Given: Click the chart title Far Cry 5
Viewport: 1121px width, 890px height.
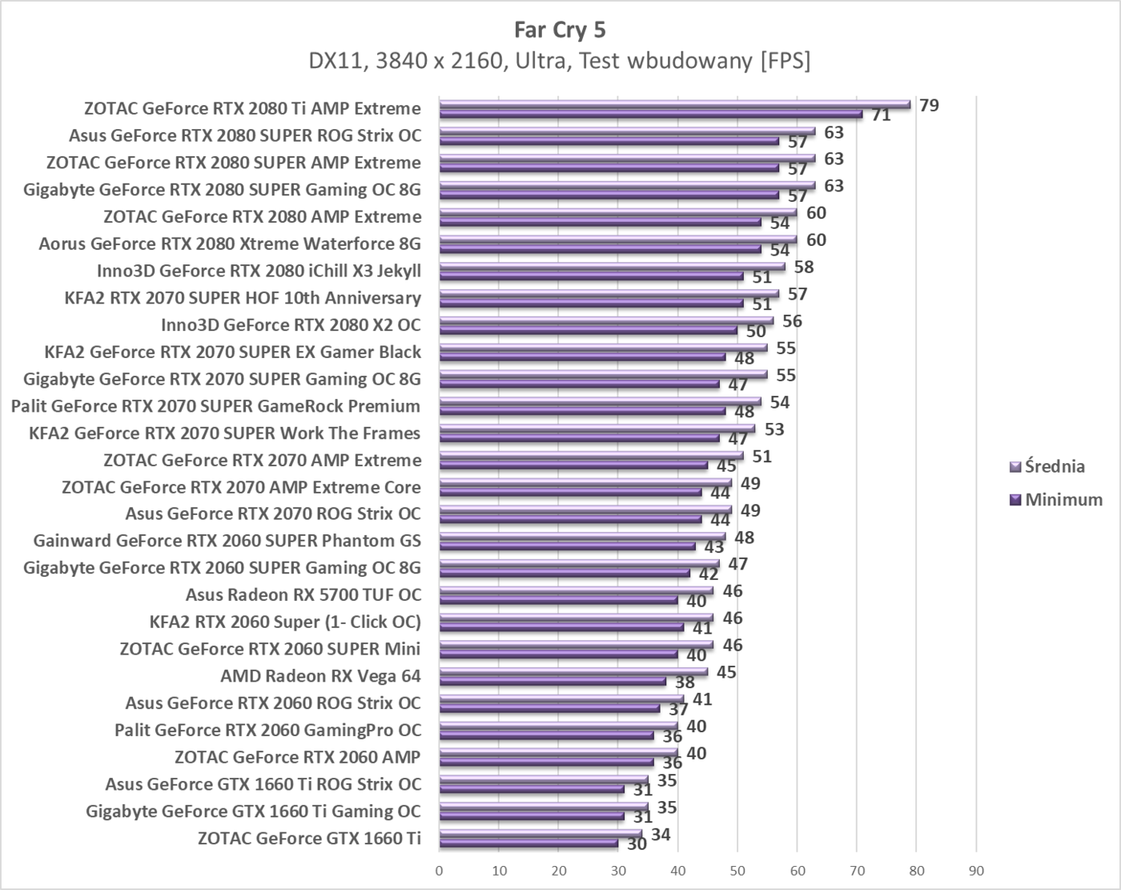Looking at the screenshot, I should [560, 30].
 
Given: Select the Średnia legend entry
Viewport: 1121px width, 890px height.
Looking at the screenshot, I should [1055, 466].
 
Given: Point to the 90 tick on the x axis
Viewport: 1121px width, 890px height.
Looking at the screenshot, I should [976, 871].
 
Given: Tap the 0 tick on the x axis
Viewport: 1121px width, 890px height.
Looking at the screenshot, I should [439, 871].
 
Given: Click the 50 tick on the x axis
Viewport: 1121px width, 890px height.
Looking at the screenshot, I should [737, 871].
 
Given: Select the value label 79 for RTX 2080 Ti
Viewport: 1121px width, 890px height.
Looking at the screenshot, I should [929, 105].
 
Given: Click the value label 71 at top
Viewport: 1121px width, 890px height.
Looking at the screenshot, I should [881, 115].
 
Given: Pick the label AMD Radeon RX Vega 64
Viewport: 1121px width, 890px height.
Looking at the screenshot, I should [320, 676].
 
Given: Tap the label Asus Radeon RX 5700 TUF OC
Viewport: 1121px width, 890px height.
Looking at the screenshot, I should [303, 594].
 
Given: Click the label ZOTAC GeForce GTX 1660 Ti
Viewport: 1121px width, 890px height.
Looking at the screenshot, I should [308, 839].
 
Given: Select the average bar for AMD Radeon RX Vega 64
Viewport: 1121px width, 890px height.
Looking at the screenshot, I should [573, 672].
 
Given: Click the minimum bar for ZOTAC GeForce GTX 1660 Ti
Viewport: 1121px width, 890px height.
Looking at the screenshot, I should [528, 843].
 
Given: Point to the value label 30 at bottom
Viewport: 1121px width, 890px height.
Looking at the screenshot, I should [637, 844].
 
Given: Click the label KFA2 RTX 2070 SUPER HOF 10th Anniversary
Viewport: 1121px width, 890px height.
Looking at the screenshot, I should [243, 298].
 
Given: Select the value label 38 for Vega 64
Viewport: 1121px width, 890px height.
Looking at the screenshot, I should [685, 683].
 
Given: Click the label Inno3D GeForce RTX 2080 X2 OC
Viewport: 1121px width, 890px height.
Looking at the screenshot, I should [291, 324].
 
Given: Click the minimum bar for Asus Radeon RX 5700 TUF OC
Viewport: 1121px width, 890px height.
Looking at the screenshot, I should [558, 600].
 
